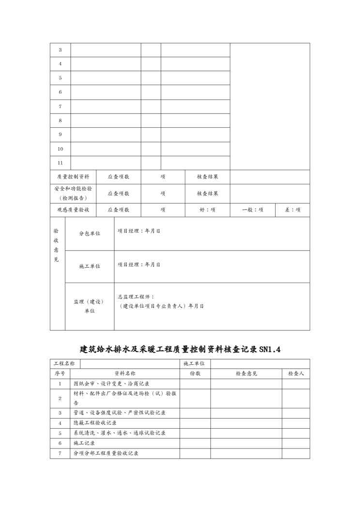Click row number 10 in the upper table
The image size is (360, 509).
pyautogui.click(x=60, y=149)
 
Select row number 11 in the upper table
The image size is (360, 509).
pyautogui.click(x=60, y=163)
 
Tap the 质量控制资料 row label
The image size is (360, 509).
pyautogui.click(x=73, y=177)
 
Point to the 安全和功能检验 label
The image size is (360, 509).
pyautogui.click(x=73, y=189)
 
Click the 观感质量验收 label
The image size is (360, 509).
pyautogui.click(x=73, y=210)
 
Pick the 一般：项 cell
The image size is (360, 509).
pyautogui.click(x=253, y=210)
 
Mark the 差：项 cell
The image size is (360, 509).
pyautogui.click(x=293, y=210)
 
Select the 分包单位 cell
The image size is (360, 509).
pyautogui.click(x=90, y=234)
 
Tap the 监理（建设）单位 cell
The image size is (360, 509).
pyautogui.click(x=90, y=306)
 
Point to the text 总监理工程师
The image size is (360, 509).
pyautogui.click(x=136, y=297)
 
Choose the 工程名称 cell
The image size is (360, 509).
pyautogui.click(x=64, y=363)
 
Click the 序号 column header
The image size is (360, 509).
pyautogui.click(x=60, y=374)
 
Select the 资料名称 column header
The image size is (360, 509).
pyautogui.click(x=125, y=374)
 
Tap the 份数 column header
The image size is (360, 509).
pyautogui.click(x=195, y=374)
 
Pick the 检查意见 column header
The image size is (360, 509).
pyautogui.click(x=246, y=374)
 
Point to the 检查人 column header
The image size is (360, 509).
pyautogui.click(x=296, y=374)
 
